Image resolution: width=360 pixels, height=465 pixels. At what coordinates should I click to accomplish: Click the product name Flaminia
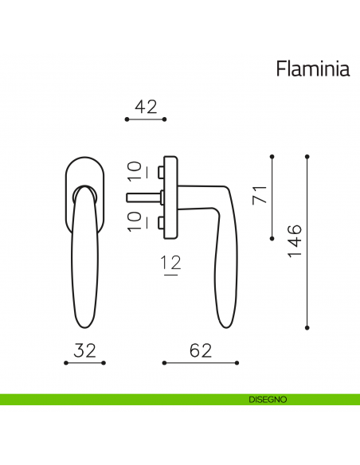pos(312,69)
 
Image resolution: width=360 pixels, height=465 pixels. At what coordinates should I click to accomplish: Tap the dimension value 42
pos(146,107)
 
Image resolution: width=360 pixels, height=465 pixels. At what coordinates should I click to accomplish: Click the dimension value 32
pos(86,350)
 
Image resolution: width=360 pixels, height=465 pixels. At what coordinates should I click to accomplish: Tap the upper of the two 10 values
pos(135,170)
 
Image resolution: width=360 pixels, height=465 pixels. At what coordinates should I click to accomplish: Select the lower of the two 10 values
pos(135,220)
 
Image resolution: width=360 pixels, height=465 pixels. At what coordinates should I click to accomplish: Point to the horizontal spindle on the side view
pos(142,195)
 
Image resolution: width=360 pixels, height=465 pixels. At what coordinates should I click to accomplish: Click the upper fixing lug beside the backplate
pos(160,172)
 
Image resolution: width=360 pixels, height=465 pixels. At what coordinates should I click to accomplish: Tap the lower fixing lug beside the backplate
pos(160,220)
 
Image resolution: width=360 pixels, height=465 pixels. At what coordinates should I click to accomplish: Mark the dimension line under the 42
pos(146,119)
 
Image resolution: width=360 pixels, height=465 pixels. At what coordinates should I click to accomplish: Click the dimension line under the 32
pos(86,362)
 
